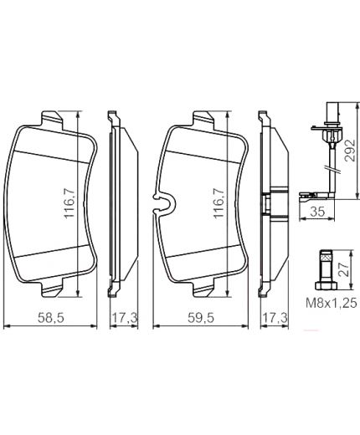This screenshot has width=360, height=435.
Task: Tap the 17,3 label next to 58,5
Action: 124,319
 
